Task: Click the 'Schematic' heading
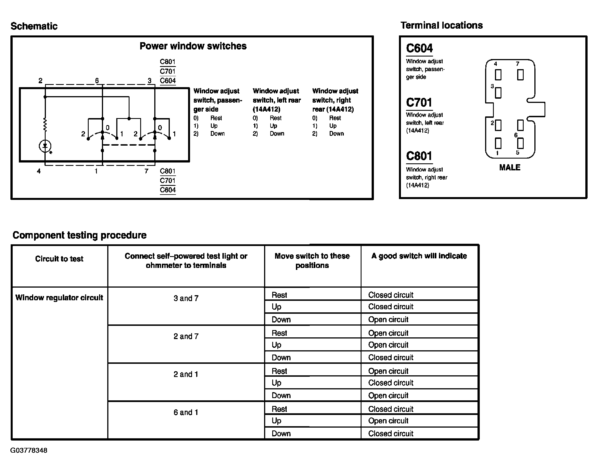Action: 34,26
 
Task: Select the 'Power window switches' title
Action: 193,46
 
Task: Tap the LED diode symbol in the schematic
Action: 45,146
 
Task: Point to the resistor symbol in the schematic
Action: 45,125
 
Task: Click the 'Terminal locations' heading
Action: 441,25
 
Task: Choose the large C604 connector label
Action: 419,48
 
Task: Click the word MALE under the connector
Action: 510,168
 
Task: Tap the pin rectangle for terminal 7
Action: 520,75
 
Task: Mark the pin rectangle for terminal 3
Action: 498,93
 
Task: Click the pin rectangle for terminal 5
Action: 520,143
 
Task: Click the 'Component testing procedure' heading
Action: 79,235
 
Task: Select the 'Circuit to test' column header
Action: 59,259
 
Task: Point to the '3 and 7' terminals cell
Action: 186,298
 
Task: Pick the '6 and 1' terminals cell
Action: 186,412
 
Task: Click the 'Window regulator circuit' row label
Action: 59,298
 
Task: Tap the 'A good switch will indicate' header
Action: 419,256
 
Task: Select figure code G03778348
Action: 29,450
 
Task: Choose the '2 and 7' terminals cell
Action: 186,336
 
